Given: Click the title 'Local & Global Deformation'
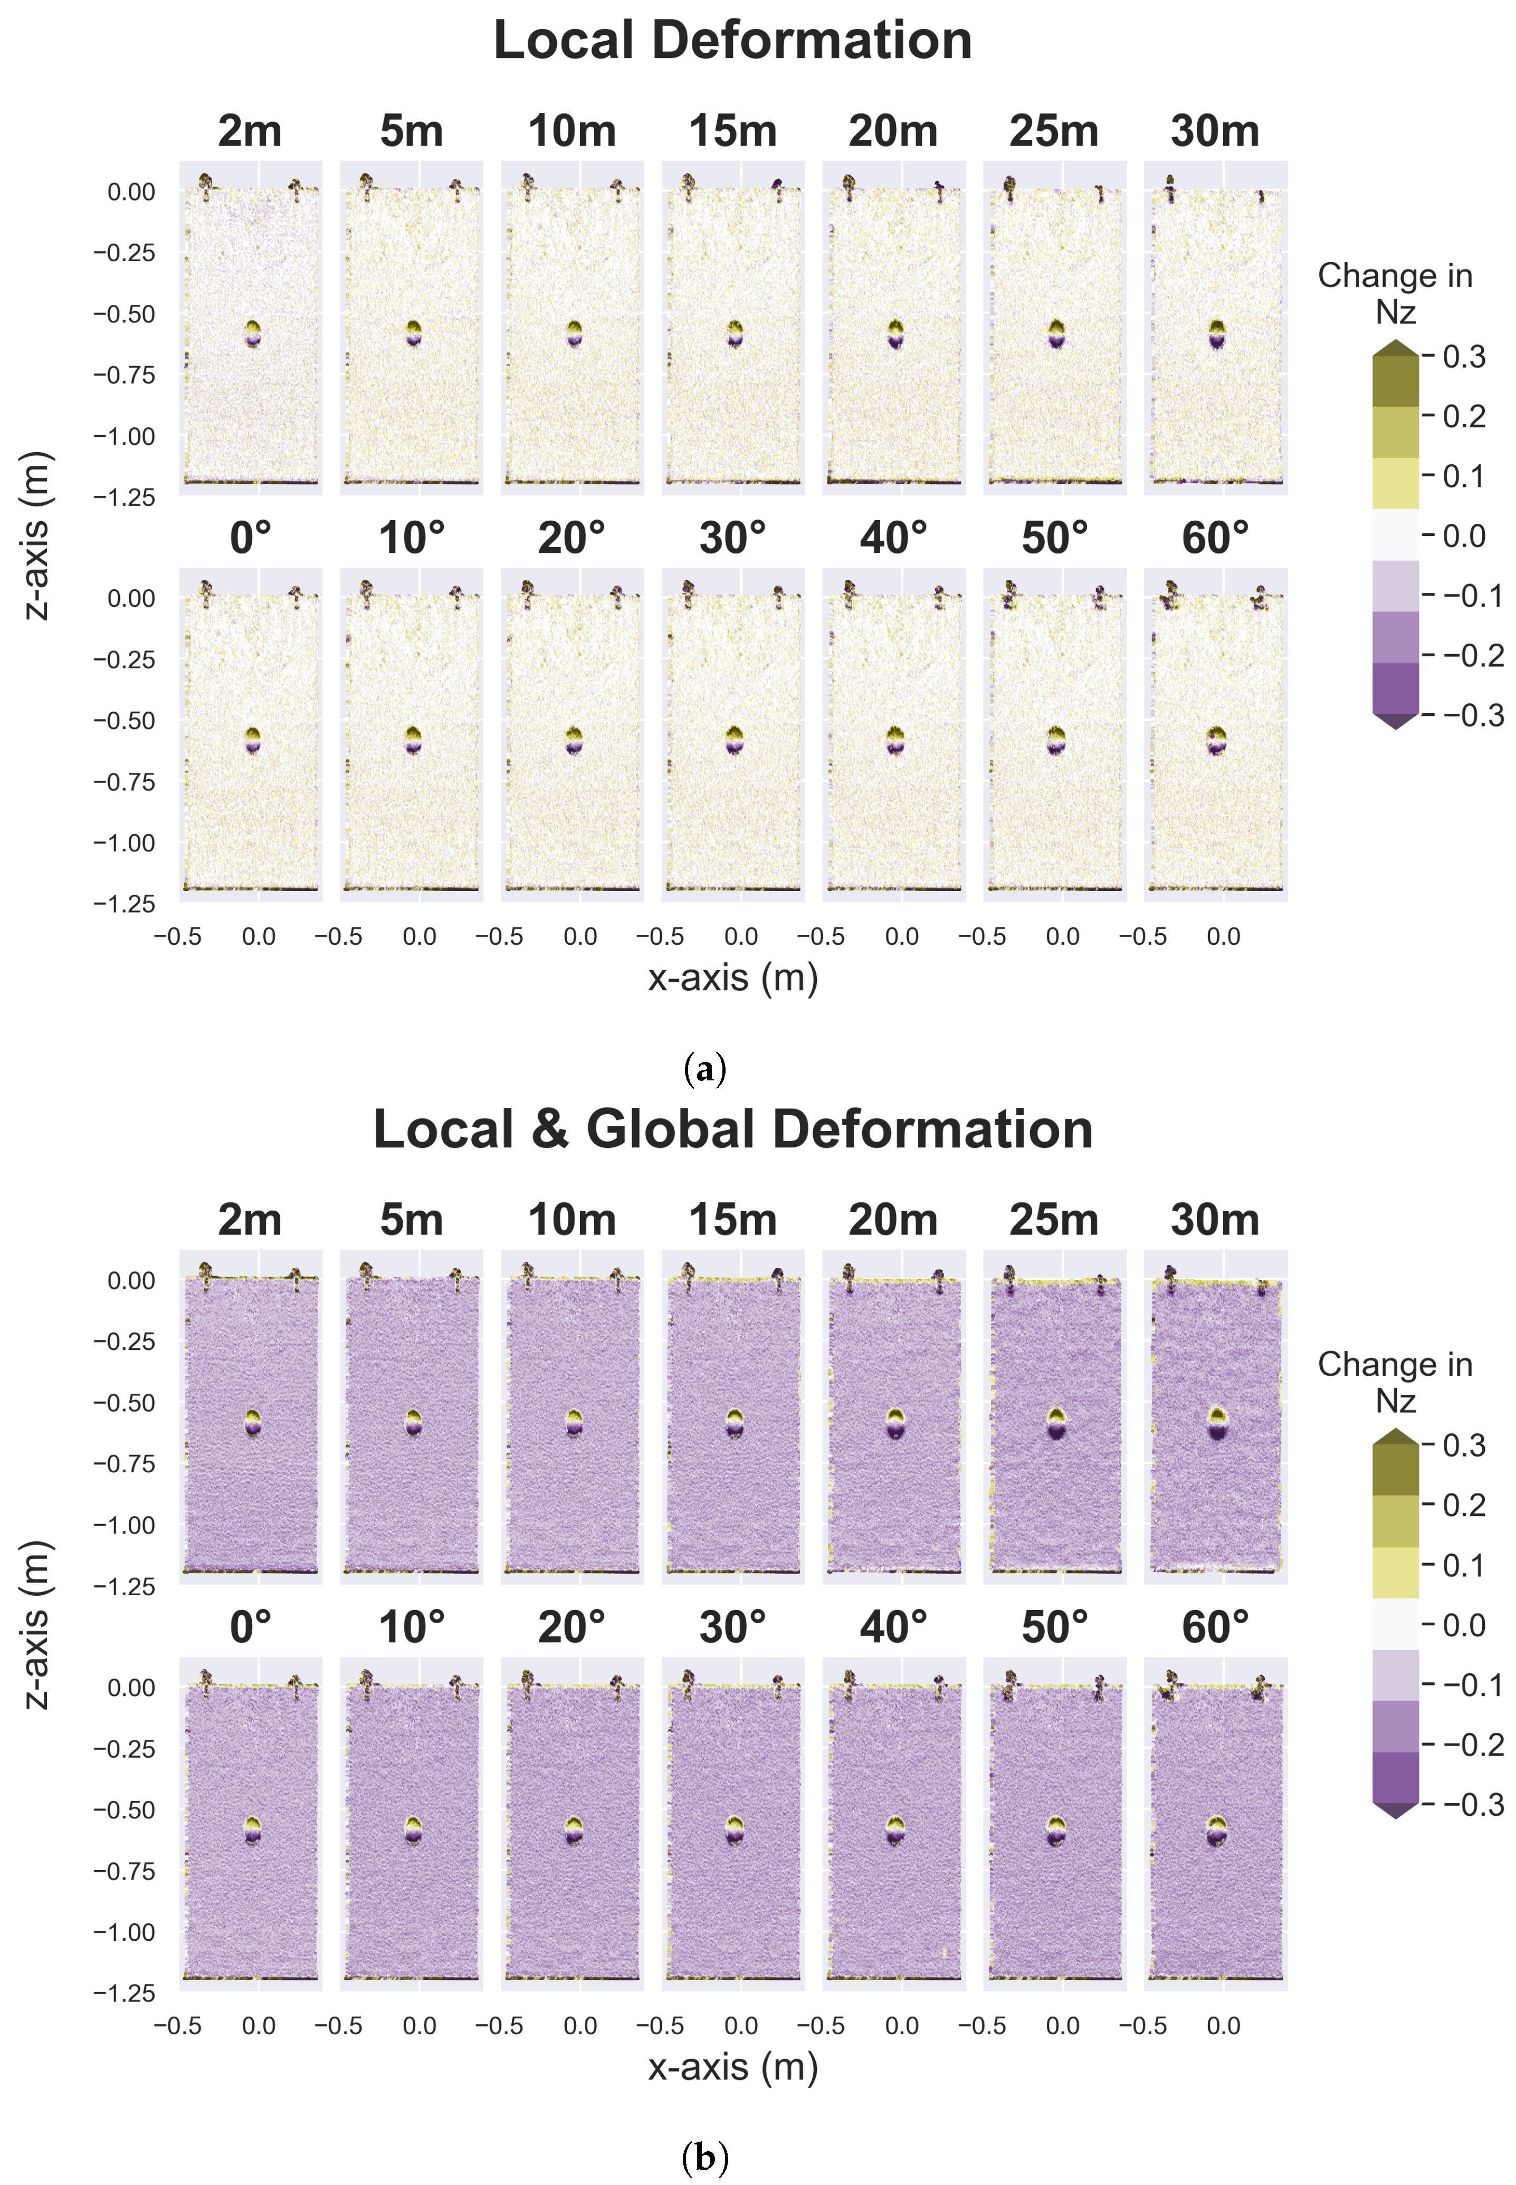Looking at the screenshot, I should pyautogui.click(x=732, y=1129).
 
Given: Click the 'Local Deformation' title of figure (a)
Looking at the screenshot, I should pyautogui.click(x=732, y=41).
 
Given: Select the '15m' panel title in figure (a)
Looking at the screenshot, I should pyautogui.click(x=732, y=131).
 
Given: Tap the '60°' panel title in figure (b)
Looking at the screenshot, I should pyautogui.click(x=1215, y=1627).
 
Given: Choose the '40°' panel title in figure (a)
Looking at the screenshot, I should pyautogui.click(x=893, y=539).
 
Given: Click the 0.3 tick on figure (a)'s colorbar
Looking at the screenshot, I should pyautogui.click(x=1463, y=357).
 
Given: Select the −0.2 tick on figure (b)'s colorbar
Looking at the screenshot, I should pyautogui.click(x=1472, y=1745).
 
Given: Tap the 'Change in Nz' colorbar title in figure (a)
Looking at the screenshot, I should pyautogui.click(x=1395, y=293).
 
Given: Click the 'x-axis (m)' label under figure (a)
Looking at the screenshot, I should pyautogui.click(x=732, y=977).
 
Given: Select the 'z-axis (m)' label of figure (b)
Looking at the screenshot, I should pyautogui.click(x=36, y=1624).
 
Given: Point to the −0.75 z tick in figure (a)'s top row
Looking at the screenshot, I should pyautogui.click(x=123, y=375).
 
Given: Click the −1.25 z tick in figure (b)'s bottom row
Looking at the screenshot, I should pyautogui.click(x=123, y=1993).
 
